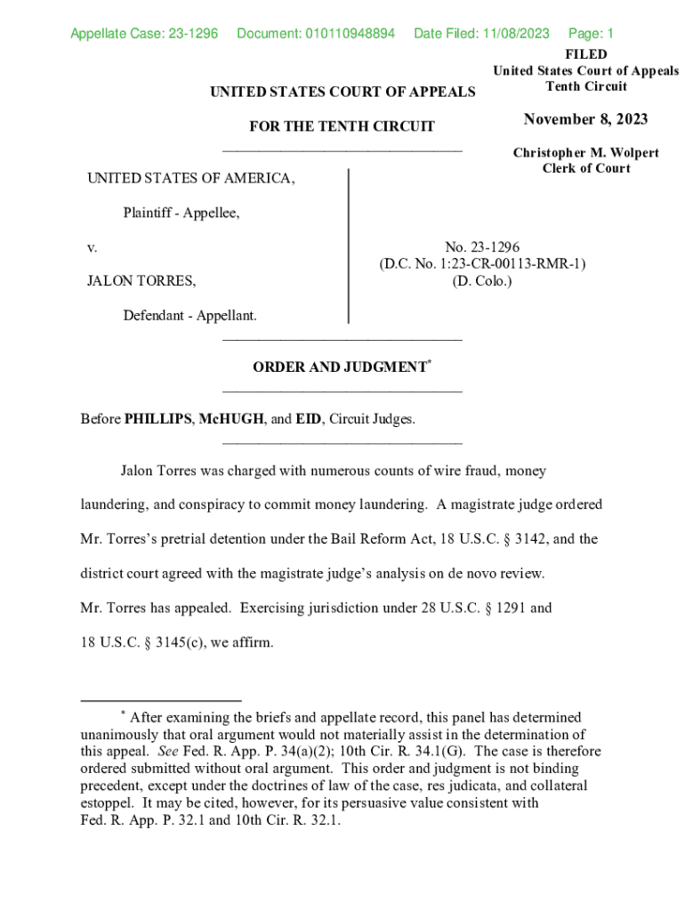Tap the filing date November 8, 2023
(585, 120)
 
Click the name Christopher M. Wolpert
(585, 153)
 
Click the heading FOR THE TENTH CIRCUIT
(342, 126)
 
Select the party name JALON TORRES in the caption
(141, 281)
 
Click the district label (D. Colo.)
(482, 281)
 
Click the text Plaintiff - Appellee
(181, 213)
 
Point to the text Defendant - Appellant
(189, 315)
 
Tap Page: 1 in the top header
(591, 34)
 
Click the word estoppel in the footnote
(108, 802)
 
